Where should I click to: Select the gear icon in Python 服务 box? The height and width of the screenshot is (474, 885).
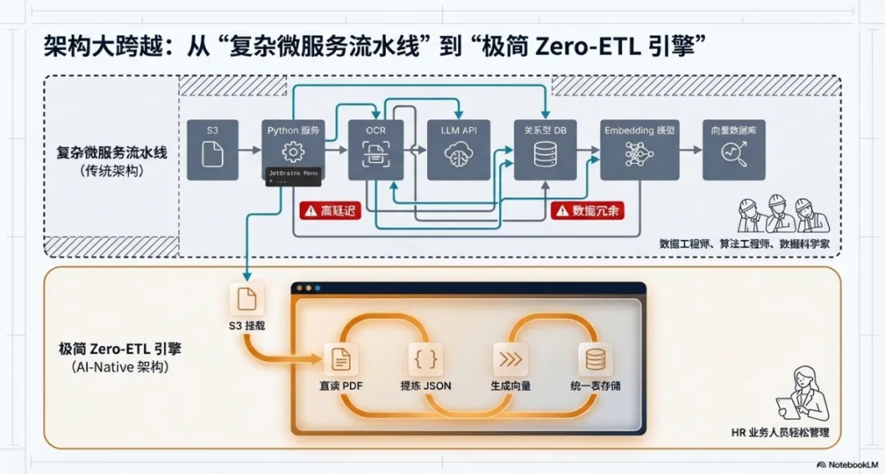tap(293, 153)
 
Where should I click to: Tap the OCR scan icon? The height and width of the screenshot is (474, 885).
tap(375, 153)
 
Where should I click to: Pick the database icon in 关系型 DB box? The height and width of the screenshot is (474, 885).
tap(545, 154)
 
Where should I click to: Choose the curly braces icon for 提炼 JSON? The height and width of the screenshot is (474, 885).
tap(426, 359)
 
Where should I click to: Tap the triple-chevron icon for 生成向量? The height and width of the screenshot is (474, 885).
tap(510, 359)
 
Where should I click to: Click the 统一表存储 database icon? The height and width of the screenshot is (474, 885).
tap(595, 359)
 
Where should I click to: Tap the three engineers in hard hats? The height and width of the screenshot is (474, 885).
tap(783, 215)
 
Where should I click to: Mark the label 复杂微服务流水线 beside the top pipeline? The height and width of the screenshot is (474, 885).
tap(111, 152)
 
